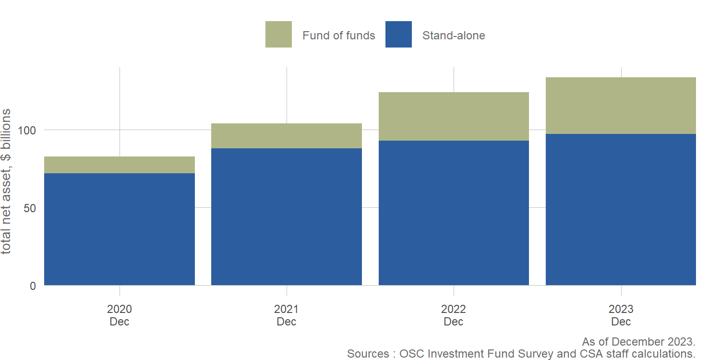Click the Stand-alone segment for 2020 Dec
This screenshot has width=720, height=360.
coord(120,229)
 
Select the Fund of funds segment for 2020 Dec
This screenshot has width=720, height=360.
coord(120,165)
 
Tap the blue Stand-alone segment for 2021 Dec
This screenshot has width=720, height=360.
coord(287,217)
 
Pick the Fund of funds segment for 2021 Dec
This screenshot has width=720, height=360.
coord(287,136)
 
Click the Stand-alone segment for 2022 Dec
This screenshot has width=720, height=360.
coord(454,213)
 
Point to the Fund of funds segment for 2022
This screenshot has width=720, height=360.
coord(454,116)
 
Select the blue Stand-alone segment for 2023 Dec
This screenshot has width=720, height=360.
coord(621,210)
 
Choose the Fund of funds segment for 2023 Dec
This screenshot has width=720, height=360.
coord(621,106)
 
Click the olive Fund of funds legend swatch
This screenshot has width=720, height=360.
coord(278,35)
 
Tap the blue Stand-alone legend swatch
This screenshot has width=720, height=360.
coord(398,35)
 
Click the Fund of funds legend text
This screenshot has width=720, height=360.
coord(339,36)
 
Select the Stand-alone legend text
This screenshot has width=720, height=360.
coord(454,36)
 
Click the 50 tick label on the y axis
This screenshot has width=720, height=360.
coord(30,208)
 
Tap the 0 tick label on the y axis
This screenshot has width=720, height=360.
coord(33,286)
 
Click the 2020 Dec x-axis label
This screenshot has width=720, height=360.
coord(120,315)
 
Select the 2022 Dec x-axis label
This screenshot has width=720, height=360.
coord(454,315)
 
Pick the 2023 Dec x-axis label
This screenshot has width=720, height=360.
coord(621,315)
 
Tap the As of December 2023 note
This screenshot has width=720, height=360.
coord(638,342)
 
